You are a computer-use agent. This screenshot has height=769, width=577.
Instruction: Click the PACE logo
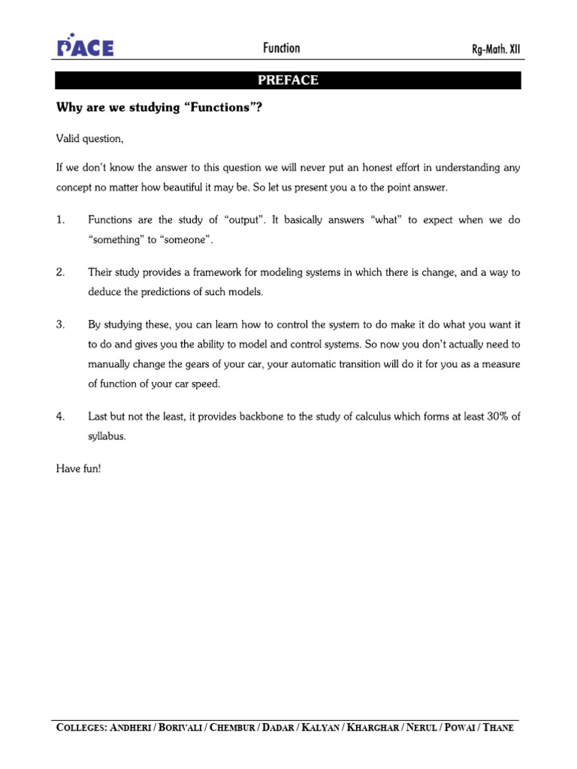85,47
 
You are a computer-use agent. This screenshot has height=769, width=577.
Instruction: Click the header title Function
282,48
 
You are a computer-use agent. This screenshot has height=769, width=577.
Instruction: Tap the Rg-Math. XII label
494,50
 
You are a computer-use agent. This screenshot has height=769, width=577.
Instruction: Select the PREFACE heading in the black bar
288,80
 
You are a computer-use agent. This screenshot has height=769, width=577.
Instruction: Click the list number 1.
60,220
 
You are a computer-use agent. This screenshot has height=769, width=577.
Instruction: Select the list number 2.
60,272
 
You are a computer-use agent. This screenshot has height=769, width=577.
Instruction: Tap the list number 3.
60,324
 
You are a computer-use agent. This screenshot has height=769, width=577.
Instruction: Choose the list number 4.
60,415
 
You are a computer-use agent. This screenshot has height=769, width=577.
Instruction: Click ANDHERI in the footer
130,728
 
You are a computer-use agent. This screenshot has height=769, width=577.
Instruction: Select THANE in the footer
499,728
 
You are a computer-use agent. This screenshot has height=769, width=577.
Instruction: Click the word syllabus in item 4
106,436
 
